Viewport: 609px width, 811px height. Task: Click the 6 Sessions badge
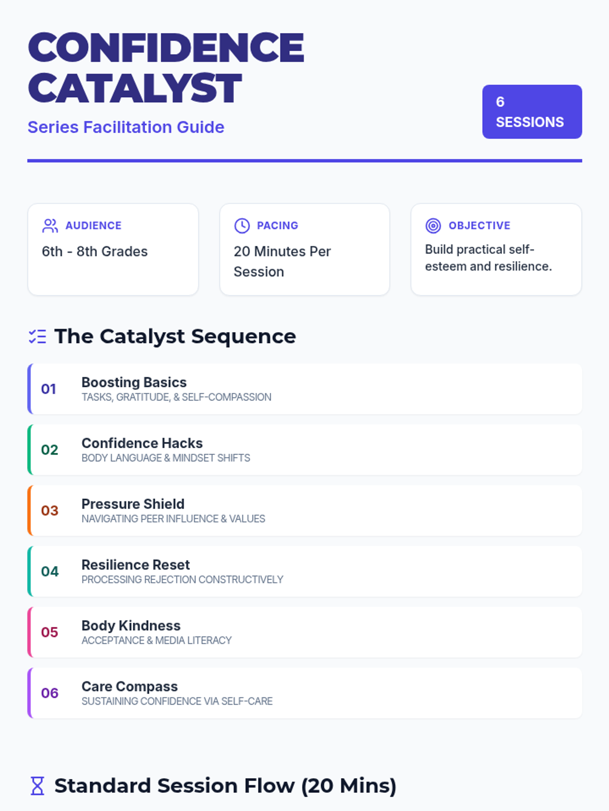coord(531,112)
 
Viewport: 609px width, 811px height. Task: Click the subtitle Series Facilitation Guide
coord(126,127)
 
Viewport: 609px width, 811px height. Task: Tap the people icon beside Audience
coord(50,226)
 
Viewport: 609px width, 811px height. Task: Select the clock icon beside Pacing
coord(242,226)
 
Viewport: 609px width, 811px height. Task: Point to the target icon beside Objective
coord(433,226)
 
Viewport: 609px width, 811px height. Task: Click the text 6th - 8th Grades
coord(94,251)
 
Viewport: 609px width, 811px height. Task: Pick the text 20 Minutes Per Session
coord(282,262)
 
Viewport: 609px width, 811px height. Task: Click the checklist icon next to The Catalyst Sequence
coord(38,337)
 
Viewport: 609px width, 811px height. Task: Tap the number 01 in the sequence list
coord(49,389)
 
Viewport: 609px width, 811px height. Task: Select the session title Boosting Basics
coord(134,382)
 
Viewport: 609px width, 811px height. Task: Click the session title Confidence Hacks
coord(142,443)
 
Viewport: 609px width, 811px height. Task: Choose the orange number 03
coord(50,510)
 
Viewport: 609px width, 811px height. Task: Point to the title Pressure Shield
coord(133,504)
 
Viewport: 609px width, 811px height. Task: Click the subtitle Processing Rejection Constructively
coord(182,579)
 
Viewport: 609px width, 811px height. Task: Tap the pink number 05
coord(50,632)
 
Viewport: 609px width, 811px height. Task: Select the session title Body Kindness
coord(131,625)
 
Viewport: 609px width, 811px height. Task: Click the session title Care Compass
coord(129,686)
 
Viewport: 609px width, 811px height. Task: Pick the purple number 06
coord(50,693)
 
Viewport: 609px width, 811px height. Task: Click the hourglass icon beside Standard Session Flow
coord(38,786)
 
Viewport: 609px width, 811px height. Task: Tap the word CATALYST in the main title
coord(135,88)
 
